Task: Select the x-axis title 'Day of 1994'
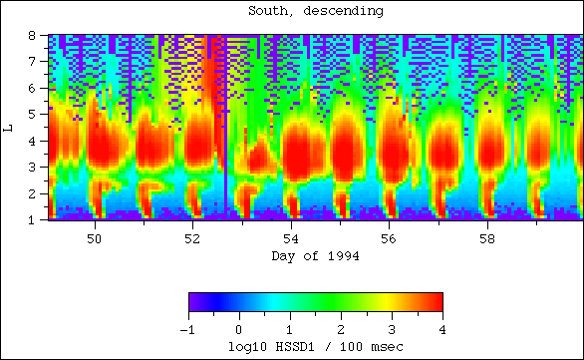coord(314,256)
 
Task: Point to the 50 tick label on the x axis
coord(96,239)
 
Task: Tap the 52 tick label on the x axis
coord(193,239)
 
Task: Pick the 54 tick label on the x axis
coord(291,239)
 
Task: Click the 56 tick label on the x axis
coord(389,239)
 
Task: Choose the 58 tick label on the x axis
coord(486,239)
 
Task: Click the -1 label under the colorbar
coord(186,328)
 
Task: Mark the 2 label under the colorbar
coord(340,328)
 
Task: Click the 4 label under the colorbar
coord(441,328)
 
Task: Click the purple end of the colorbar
coord(194,302)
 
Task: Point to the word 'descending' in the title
coord(345,12)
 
